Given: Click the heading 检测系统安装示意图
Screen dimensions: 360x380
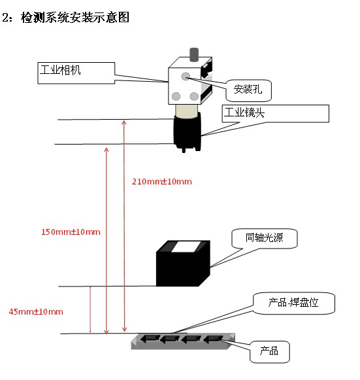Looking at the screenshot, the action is pos(75,18).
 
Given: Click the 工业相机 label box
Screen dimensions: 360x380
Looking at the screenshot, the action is pos(76,73).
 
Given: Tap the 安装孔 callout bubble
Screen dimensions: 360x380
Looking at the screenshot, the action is pos(248,90).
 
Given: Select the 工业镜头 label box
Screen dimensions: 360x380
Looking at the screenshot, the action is pos(276,113).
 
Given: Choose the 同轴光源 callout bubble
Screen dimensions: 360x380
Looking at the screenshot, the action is pos(265,238).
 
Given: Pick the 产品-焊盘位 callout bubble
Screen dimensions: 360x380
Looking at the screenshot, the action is pos(293,303).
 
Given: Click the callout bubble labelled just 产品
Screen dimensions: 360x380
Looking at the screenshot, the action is pos(269,352).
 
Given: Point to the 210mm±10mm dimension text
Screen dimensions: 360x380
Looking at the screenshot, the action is pos(162,182).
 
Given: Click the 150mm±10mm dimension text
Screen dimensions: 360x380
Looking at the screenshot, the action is pos(71,232).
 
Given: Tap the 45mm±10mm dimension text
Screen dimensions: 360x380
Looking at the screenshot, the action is pos(36,311).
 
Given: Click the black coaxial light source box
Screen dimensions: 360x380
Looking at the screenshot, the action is pos(183,264).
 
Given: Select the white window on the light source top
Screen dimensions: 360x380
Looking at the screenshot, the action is pos(186,247).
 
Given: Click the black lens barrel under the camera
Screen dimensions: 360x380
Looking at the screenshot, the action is pos(187,132).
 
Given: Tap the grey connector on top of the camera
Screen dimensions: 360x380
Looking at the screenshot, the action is pos(193,54).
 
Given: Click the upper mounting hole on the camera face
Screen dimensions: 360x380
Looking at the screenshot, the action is pos(186,77).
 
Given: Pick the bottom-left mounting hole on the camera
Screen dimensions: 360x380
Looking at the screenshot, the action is pos(176,96).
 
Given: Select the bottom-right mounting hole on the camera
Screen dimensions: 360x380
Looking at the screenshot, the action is pos(194,96).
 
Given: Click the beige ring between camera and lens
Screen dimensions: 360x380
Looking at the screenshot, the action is pos(186,111).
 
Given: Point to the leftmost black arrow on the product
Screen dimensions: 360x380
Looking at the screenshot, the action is pos(150,339).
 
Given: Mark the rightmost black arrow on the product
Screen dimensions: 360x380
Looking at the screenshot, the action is pos(213,339).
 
